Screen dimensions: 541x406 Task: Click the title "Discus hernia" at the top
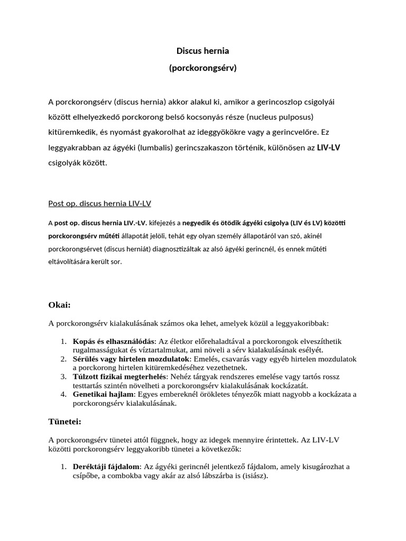(x=202, y=51)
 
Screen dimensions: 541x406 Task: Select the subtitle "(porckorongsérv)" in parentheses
(x=202, y=68)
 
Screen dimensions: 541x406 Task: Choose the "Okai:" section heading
(x=59, y=305)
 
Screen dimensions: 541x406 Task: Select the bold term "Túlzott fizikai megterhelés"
(x=119, y=376)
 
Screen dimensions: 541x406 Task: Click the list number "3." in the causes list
(x=63, y=376)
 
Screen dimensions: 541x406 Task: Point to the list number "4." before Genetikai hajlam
(x=63, y=394)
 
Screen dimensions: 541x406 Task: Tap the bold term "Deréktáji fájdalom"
(x=106, y=467)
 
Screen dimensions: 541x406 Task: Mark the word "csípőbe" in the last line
(x=85, y=475)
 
